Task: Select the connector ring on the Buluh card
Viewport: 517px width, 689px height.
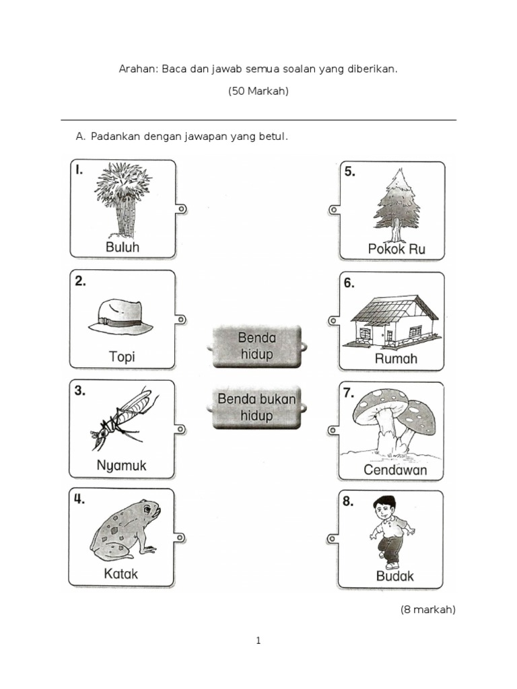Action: (x=181, y=209)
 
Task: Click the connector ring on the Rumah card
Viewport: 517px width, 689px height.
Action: (x=334, y=321)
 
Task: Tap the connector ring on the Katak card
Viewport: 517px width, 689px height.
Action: (x=180, y=538)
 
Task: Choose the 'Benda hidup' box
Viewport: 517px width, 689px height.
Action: (x=256, y=347)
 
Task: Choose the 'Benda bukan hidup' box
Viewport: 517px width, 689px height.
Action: (x=256, y=407)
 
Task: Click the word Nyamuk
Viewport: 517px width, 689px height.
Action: (x=121, y=466)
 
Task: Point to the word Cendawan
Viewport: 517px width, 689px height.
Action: (x=395, y=470)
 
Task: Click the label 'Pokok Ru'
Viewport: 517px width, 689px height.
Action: (x=397, y=249)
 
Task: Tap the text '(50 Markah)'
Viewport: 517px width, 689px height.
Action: (x=258, y=91)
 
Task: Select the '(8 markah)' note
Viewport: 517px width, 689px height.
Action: (x=427, y=610)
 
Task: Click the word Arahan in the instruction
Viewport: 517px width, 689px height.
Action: (x=138, y=69)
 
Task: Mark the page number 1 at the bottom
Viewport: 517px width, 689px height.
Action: (x=258, y=641)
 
